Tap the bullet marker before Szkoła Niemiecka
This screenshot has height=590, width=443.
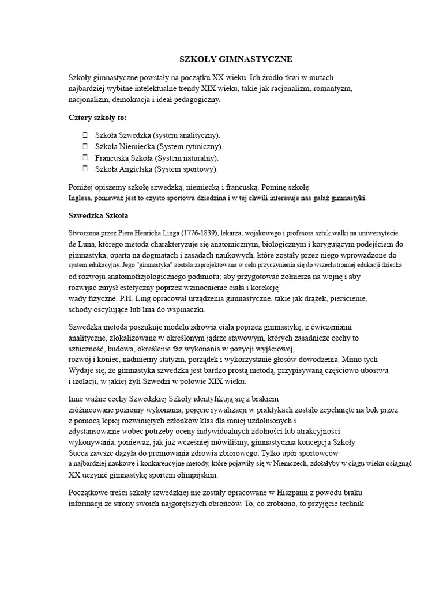tap(84, 146)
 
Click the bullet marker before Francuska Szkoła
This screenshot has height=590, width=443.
tap(84, 157)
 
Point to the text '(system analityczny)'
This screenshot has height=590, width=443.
tap(186, 135)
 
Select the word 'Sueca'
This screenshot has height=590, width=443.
tap(79, 453)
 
